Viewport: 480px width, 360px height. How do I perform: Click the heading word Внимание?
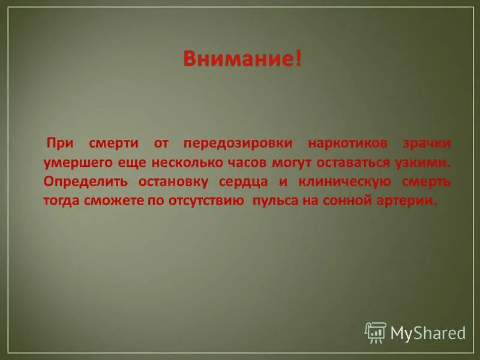pos(242,59)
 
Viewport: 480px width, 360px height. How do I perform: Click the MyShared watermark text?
pos(428,332)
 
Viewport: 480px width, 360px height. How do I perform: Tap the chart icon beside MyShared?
pos(375,332)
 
